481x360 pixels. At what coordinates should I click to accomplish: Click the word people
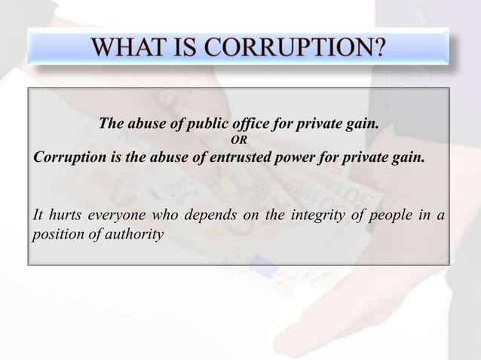[390, 215]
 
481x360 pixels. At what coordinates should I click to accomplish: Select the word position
[57, 234]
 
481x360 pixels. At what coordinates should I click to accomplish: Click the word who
[166, 215]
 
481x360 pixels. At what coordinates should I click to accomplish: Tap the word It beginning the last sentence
[38, 215]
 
